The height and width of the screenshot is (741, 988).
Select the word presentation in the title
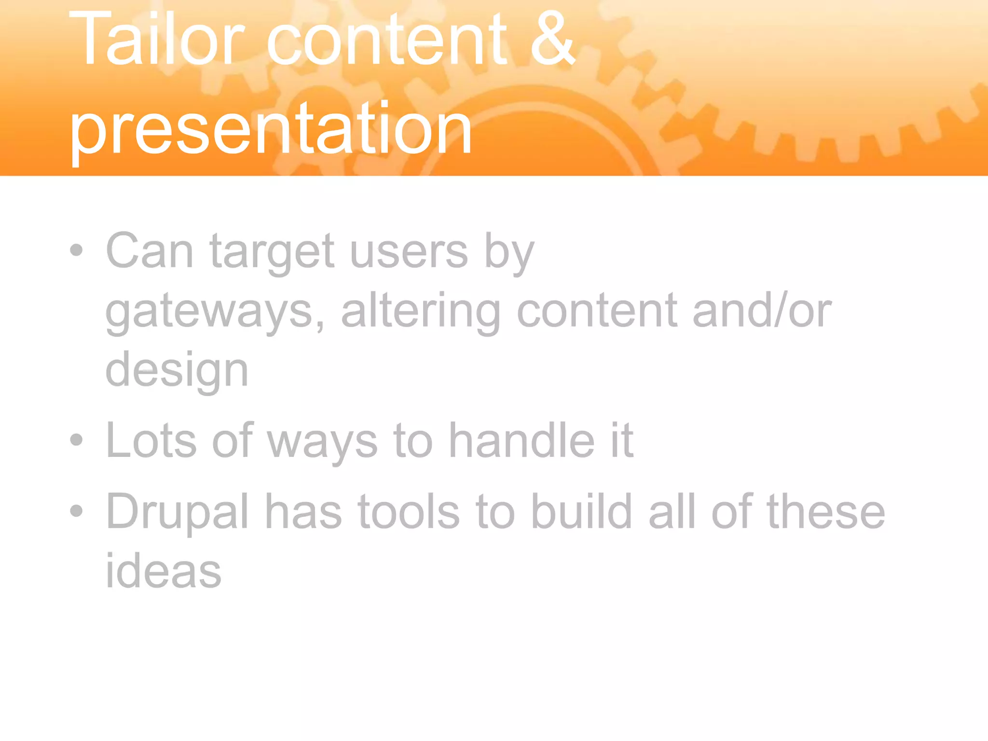click(270, 129)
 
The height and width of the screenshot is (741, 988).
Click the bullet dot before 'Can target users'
click(76, 250)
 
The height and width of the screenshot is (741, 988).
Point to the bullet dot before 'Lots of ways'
click(76, 439)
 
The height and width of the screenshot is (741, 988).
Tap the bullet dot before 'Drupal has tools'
click(76, 510)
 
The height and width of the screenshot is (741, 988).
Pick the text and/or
click(762, 311)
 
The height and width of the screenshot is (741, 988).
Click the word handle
click(522, 440)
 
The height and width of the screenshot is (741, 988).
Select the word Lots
click(151, 440)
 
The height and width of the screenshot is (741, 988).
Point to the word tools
click(409, 511)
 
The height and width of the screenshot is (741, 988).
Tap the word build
click(582, 511)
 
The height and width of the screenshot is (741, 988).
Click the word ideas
click(163, 571)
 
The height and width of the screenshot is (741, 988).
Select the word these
click(826, 511)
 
